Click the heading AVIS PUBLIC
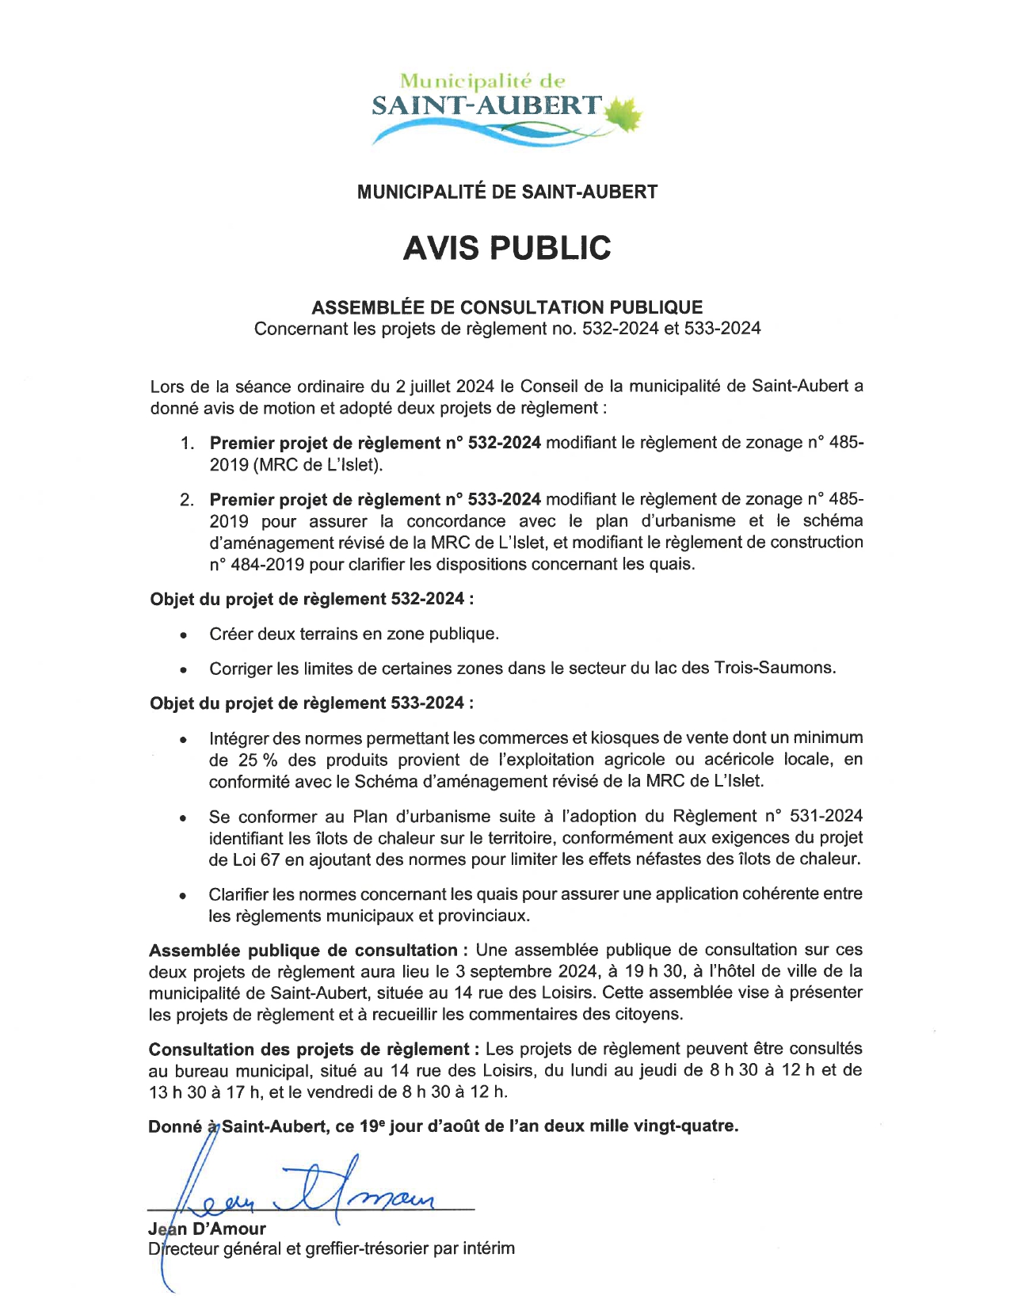click(507, 248)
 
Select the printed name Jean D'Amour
click(207, 1229)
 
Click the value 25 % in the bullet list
click(257, 760)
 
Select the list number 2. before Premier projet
click(187, 500)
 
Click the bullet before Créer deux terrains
click(184, 635)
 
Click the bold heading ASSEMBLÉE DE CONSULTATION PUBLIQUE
click(507, 307)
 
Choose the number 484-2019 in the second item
click(268, 565)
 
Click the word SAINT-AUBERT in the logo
click(487, 105)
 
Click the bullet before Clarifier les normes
click(184, 896)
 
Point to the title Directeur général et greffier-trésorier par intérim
click(331, 1249)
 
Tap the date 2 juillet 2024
click(444, 387)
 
